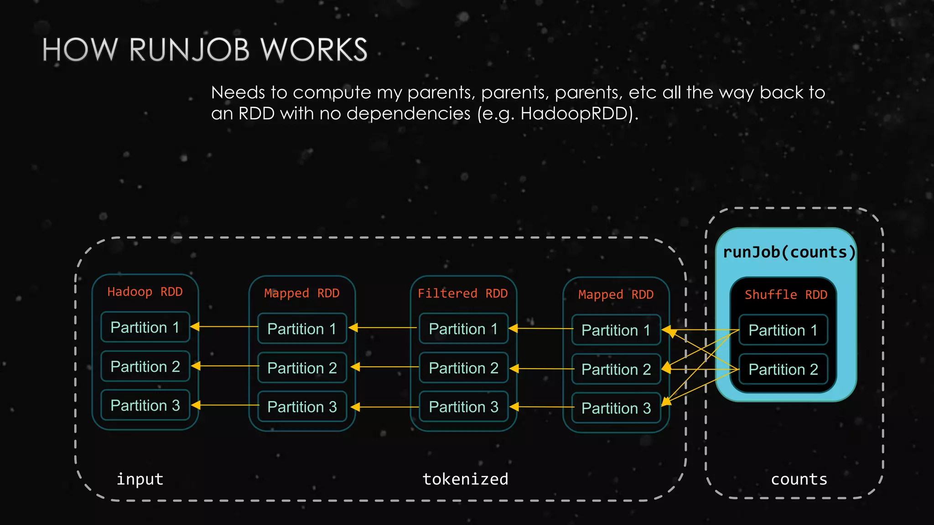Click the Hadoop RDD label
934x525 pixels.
pos(145,292)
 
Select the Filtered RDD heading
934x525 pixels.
pos(462,293)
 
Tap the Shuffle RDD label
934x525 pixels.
pos(786,295)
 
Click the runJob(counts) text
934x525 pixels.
pos(789,252)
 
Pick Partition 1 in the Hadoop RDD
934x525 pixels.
pos(145,327)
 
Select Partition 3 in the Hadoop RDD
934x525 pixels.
pos(145,405)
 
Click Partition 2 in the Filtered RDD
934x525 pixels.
pos(463,368)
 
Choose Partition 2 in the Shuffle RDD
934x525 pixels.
pos(783,369)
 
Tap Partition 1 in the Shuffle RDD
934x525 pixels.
pos(783,330)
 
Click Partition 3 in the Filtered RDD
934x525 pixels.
pos(463,407)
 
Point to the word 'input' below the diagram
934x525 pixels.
pos(140,479)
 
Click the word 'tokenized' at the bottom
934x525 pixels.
pos(465,479)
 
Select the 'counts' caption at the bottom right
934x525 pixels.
pos(799,479)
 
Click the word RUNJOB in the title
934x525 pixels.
pos(189,50)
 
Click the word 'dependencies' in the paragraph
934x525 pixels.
pos(408,113)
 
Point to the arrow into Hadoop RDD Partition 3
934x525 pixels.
pos(224,405)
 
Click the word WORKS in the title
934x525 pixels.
pos(314,50)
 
